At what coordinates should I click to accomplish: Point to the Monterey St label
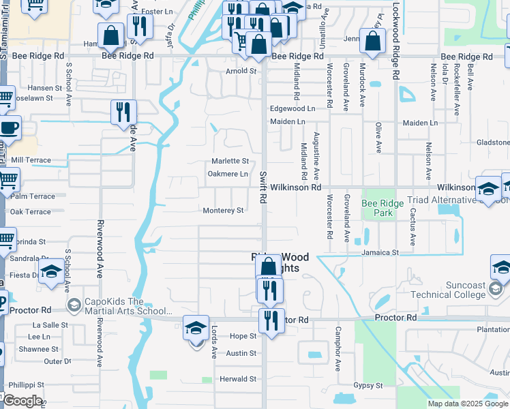click(x=223, y=211)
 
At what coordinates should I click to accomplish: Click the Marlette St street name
click(x=229, y=161)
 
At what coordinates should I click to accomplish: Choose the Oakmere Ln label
click(x=228, y=174)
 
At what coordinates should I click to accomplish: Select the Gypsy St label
click(x=368, y=385)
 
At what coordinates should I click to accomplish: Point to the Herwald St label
click(x=237, y=379)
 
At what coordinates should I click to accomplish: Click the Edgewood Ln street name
click(x=292, y=108)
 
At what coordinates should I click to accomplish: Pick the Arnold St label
click(x=241, y=70)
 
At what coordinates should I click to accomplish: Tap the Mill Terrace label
click(x=31, y=160)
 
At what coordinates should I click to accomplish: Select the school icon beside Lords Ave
click(x=196, y=329)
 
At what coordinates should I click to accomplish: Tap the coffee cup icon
click(x=9, y=127)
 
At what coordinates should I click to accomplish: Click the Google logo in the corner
click(x=22, y=401)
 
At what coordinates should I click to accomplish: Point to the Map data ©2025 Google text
click(x=468, y=404)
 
